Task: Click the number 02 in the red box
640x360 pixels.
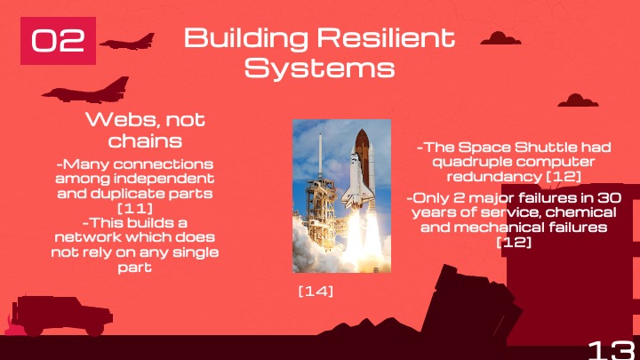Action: coord(58,41)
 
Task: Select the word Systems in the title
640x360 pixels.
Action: coord(319,68)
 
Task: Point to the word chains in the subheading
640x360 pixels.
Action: coord(144,141)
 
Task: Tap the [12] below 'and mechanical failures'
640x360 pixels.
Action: coord(513,241)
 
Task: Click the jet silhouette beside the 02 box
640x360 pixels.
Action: coord(127,41)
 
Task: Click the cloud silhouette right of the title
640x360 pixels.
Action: coord(500,37)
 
